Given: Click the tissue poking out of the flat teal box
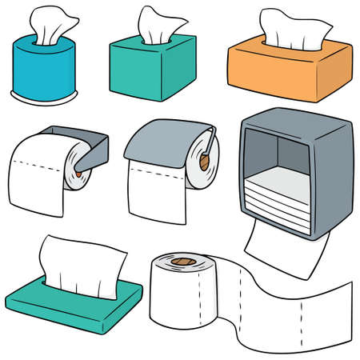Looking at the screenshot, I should coord(84,259).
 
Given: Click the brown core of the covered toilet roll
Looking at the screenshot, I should coord(206,159).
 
